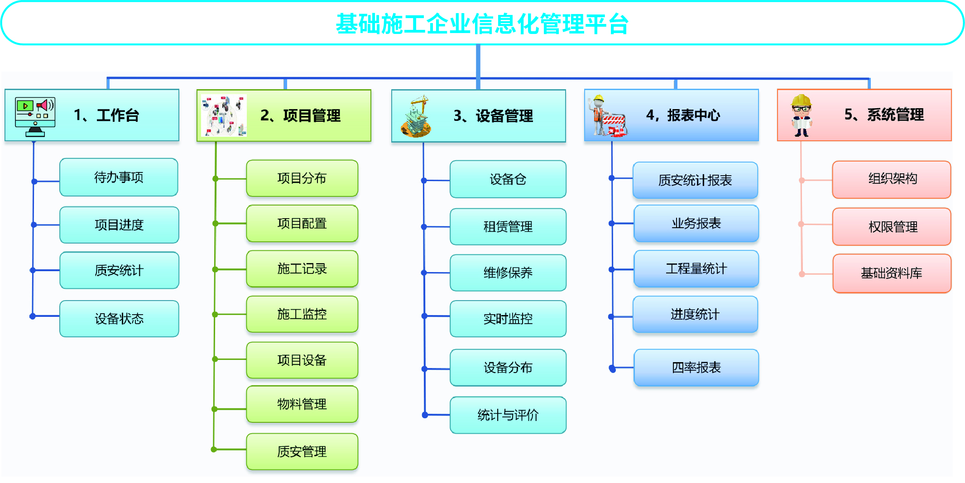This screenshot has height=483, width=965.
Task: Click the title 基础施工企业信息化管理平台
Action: coord(482,24)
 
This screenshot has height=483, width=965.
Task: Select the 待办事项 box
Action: coord(119,177)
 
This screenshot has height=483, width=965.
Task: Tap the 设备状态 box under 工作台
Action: coord(119,319)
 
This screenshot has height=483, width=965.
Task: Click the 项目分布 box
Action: coord(302,178)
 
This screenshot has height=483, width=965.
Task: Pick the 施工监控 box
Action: coord(302,314)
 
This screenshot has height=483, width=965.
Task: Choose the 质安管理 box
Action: coord(302,451)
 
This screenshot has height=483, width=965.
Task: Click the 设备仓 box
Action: coord(508,179)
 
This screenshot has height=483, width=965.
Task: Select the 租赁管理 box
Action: coord(508,226)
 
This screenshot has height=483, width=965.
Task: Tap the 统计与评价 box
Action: coord(508,415)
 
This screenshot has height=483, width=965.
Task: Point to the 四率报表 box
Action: coord(696,367)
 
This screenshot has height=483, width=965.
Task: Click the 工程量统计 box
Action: coord(696,269)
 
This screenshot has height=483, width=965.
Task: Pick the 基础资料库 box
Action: coord(892,273)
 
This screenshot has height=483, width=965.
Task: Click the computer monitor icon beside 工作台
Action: coord(35,116)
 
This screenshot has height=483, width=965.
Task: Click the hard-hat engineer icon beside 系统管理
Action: coord(802,115)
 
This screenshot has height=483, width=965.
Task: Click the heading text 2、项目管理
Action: coord(300,116)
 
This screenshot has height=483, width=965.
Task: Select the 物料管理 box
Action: coord(302,404)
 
